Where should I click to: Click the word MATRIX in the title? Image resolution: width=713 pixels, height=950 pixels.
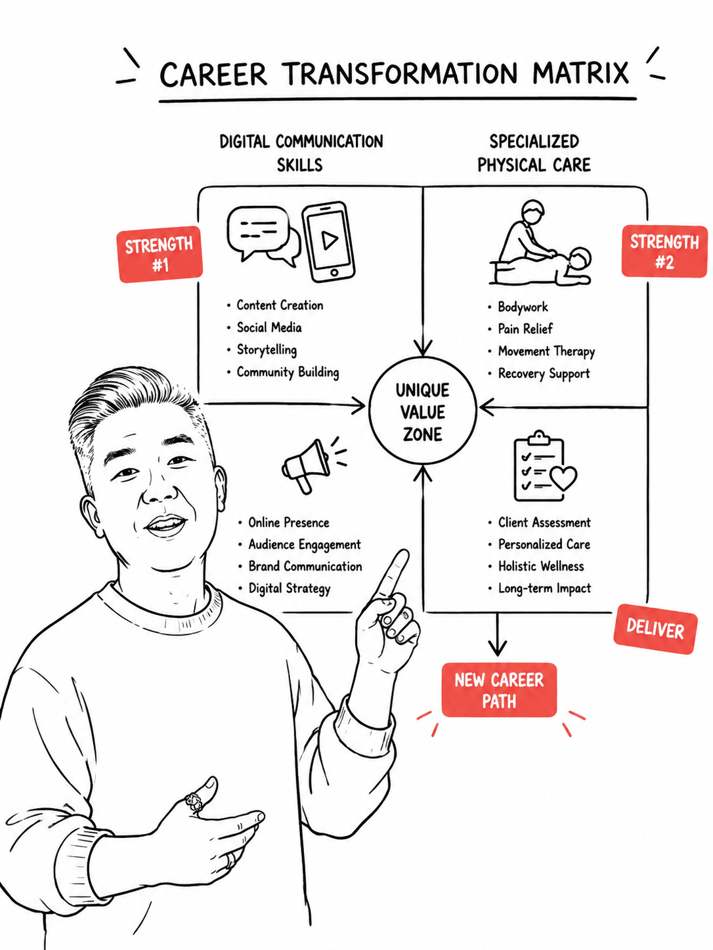[x=580, y=73]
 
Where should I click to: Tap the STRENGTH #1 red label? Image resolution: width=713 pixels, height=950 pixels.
[x=160, y=254]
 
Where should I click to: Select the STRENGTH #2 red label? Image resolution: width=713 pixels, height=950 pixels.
[x=664, y=251]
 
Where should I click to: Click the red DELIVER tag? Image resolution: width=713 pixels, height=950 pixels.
[x=655, y=629]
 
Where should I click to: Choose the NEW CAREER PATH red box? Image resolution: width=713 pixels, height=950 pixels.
[x=499, y=690]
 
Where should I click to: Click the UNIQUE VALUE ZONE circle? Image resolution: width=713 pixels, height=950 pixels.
[x=423, y=411]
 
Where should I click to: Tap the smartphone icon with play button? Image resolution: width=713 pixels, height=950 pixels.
[x=328, y=241]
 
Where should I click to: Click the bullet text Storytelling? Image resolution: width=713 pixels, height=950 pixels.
[x=267, y=350]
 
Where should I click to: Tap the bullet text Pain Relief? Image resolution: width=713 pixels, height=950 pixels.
[x=525, y=329]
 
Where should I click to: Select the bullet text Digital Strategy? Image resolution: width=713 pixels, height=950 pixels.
[x=289, y=589]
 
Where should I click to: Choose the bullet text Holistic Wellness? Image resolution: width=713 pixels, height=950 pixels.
[x=541, y=566]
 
